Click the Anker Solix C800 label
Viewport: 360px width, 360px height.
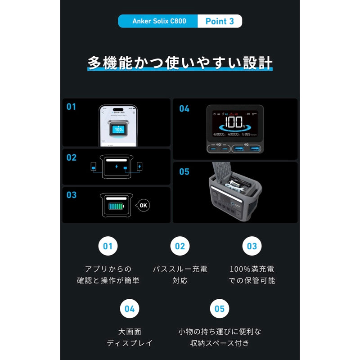[159, 21]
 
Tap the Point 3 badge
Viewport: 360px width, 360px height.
[220, 21]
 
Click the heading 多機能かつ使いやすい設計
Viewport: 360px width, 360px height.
[180, 63]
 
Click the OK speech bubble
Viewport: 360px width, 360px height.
[143, 205]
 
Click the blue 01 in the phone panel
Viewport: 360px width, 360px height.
[72, 107]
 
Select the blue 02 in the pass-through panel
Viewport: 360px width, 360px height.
[72, 157]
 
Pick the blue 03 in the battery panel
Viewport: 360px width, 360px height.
[72, 195]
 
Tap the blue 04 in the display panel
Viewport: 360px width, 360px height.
[184, 108]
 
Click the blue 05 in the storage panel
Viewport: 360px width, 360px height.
[184, 171]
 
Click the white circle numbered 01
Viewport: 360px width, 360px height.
[108, 246]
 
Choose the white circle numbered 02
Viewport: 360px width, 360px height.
[180, 246]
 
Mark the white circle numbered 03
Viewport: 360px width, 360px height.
[252, 246]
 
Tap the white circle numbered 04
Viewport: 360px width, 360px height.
[130, 309]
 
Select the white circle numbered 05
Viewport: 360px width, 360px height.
[220, 309]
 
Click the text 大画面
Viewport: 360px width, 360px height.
[130, 332]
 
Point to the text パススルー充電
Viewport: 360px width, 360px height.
[180, 269]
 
